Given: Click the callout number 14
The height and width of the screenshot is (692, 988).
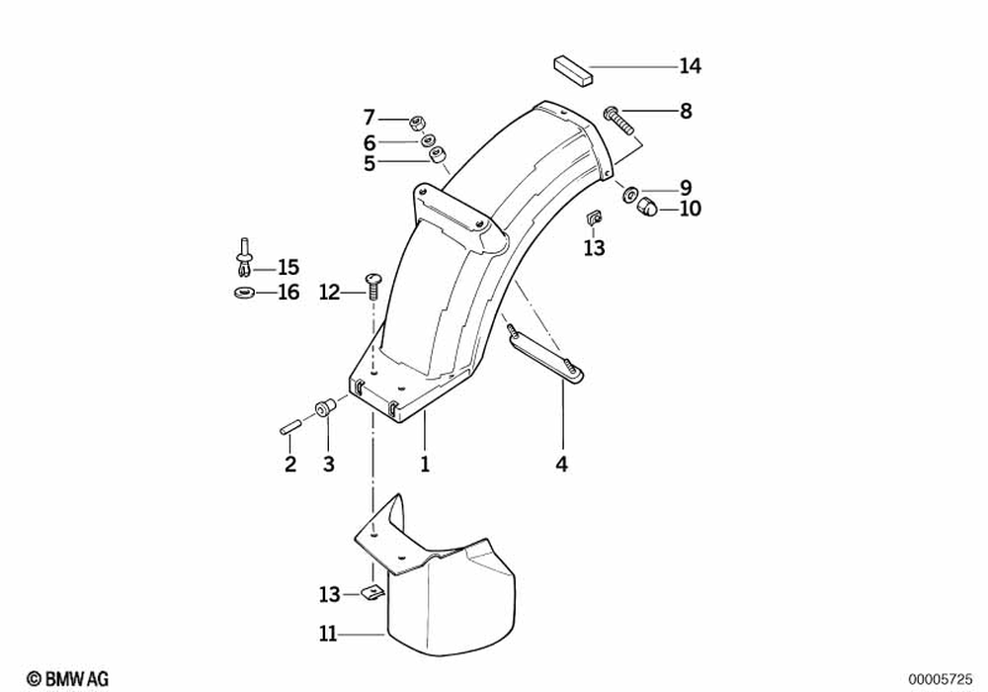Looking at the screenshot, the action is click(690, 66).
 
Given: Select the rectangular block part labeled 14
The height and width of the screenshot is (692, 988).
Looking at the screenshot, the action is click(570, 70).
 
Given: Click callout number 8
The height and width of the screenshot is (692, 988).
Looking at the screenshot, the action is click(686, 111).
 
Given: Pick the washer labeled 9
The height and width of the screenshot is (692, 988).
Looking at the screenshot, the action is click(629, 192).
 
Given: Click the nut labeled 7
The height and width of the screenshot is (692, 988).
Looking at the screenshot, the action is click(417, 123).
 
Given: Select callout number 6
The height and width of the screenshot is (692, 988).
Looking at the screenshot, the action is click(370, 141).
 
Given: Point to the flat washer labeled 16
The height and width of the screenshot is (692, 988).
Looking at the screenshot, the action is click(242, 293).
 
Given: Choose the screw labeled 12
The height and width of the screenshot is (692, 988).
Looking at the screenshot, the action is click(373, 286).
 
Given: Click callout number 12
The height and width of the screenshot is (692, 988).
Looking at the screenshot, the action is click(329, 292).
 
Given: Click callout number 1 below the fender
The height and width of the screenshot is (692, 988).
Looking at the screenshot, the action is click(425, 464).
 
